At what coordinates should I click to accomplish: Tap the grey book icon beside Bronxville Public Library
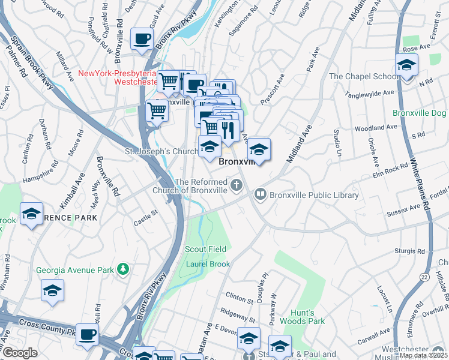click(x=260, y=194)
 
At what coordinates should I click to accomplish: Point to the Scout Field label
click(x=205, y=249)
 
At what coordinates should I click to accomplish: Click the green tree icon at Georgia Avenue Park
click(x=123, y=269)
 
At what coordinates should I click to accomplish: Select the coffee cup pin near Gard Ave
click(x=142, y=39)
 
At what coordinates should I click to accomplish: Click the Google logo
click(x=20, y=353)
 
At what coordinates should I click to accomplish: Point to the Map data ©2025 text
click(x=423, y=355)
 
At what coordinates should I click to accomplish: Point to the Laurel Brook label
click(x=208, y=264)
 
